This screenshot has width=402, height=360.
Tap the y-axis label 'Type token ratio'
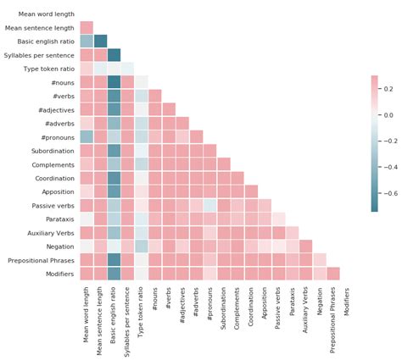coord(46,68)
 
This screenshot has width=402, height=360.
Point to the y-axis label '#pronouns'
coord(56,136)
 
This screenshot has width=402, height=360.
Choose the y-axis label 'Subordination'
coord(51,150)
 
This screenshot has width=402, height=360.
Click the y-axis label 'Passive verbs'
coord(51,205)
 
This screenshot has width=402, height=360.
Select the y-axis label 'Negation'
coord(58,246)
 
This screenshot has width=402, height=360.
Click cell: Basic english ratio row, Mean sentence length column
coord(100,41)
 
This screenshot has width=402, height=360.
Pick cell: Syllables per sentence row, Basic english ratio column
coord(114,54)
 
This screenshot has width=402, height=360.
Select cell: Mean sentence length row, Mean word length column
coord(87,27)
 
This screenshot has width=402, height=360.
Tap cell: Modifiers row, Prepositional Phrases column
coord(333,273)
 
